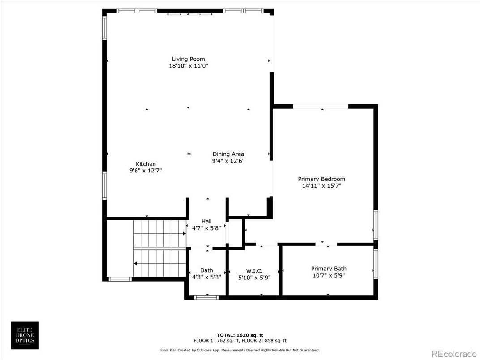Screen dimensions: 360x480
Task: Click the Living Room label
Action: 188,59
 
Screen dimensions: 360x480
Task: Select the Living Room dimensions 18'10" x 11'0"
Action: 188,66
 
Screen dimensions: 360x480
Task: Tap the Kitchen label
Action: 146,164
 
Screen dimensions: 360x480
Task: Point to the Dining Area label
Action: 228,154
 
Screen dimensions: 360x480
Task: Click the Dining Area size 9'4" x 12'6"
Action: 228,161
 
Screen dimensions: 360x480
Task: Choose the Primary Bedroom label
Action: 321,179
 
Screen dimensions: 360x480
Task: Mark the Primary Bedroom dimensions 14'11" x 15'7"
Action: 321,185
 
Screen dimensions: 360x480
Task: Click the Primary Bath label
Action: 329,269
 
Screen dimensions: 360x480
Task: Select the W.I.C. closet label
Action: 254,271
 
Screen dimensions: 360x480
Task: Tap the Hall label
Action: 206,221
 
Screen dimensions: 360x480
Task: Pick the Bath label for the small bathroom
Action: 206,270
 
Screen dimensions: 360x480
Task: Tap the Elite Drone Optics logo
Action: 25,335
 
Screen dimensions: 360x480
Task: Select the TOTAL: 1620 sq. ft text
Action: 240,335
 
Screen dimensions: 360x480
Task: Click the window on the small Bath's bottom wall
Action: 206,297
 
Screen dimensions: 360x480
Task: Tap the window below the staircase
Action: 120,279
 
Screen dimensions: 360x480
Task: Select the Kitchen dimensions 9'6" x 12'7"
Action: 146,170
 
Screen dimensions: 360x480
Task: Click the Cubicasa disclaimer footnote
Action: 240,350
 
